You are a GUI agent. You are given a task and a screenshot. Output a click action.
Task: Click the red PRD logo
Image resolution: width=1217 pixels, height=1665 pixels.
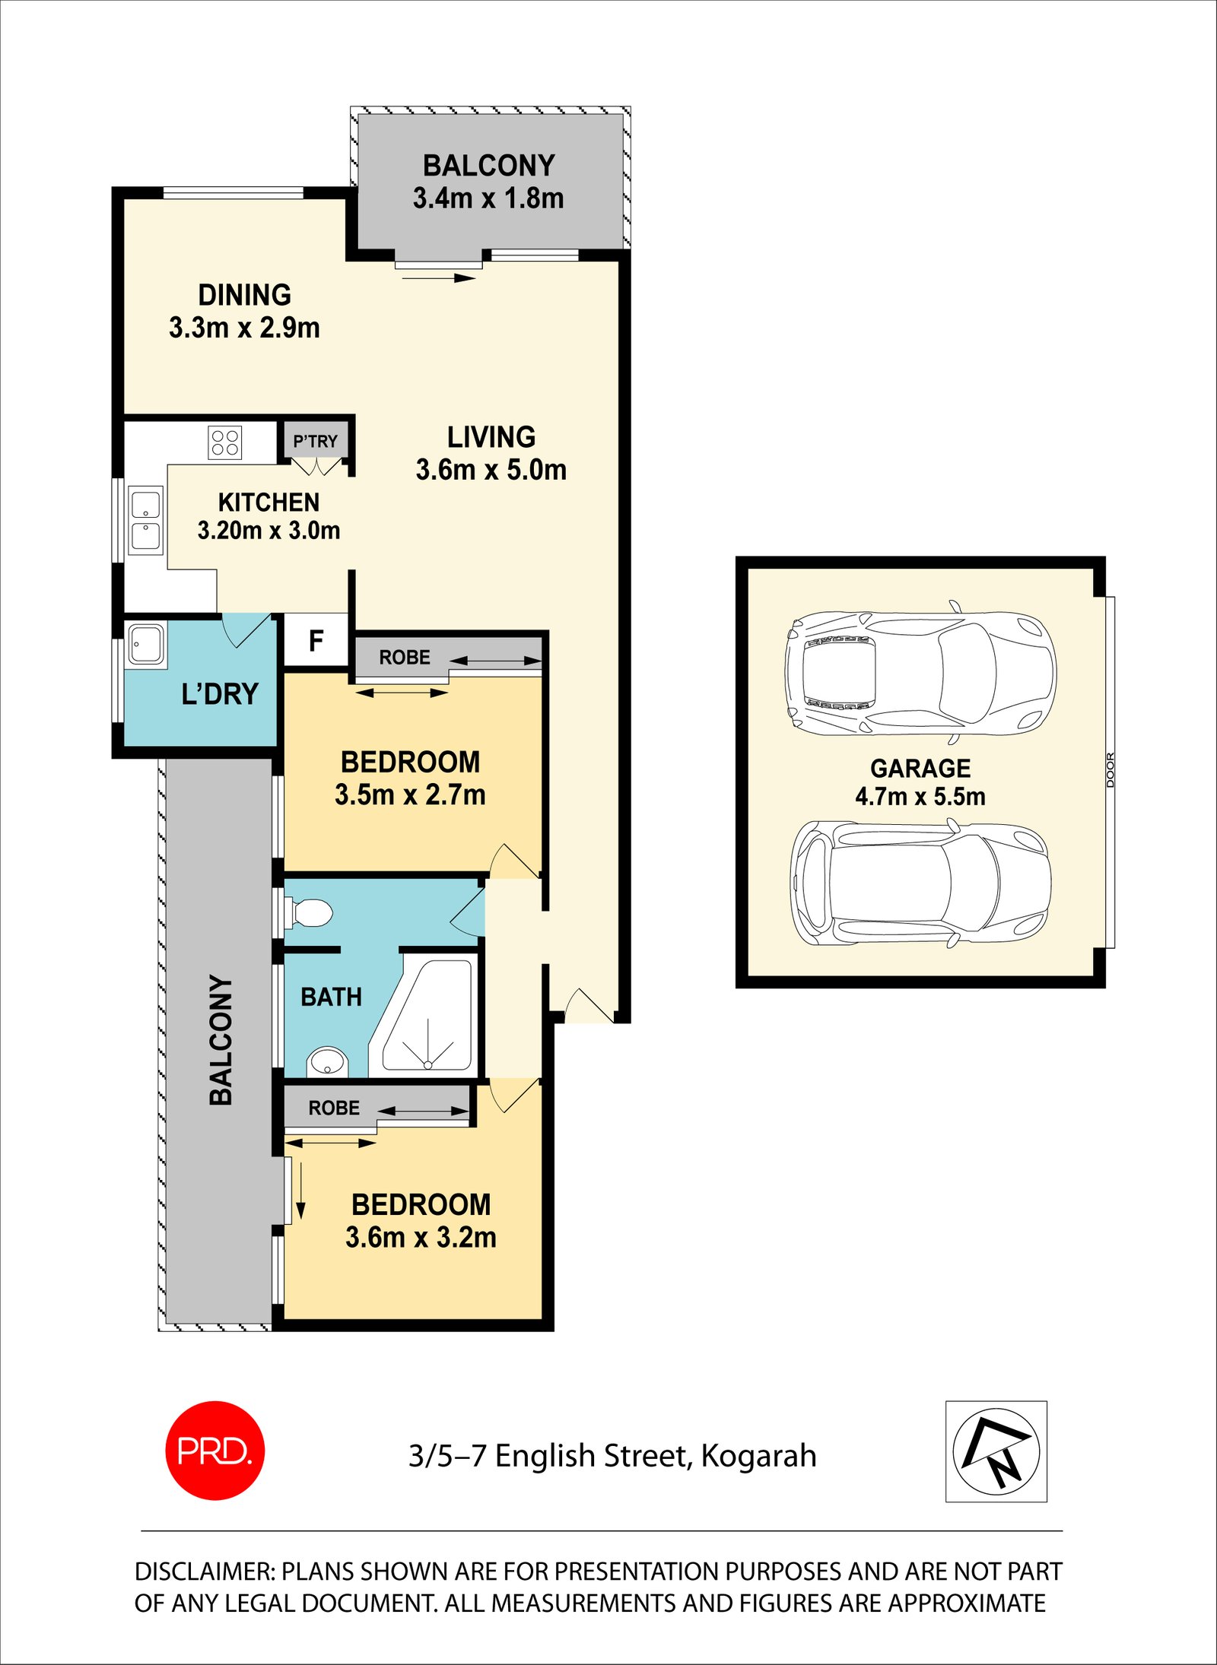click(214, 1450)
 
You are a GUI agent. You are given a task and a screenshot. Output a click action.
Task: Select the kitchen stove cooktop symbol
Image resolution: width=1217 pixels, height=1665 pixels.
click(224, 442)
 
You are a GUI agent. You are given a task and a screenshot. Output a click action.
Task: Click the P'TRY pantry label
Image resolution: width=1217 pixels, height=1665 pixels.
click(315, 441)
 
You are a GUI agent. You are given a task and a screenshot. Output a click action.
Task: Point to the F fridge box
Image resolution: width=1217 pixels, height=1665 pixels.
click(316, 641)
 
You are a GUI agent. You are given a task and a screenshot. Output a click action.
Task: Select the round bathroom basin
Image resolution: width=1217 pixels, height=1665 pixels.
click(327, 1061)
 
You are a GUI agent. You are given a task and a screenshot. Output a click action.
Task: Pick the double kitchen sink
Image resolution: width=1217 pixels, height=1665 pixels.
click(145, 520)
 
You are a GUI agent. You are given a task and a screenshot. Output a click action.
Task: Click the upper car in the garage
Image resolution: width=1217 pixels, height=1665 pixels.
click(920, 673)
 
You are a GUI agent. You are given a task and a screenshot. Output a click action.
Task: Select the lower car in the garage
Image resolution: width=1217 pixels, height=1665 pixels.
click(920, 883)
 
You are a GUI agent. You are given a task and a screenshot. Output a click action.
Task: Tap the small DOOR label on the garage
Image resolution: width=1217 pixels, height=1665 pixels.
click(1110, 769)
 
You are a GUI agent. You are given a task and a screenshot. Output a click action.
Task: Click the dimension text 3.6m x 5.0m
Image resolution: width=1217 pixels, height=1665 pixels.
click(491, 470)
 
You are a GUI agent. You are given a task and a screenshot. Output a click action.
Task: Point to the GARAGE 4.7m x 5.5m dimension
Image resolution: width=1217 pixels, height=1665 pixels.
click(920, 796)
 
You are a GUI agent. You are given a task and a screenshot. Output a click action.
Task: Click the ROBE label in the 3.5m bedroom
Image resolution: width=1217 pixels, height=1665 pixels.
click(405, 657)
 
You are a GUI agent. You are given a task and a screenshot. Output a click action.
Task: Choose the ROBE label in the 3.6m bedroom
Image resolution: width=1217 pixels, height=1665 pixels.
click(334, 1108)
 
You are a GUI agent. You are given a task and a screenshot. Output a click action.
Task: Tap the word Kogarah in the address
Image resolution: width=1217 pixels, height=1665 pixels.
click(758, 1456)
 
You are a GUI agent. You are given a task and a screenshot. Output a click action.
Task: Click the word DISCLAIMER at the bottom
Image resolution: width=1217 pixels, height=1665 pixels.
click(205, 1571)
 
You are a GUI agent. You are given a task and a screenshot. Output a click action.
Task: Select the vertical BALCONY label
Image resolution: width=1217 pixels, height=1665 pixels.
click(221, 1039)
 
